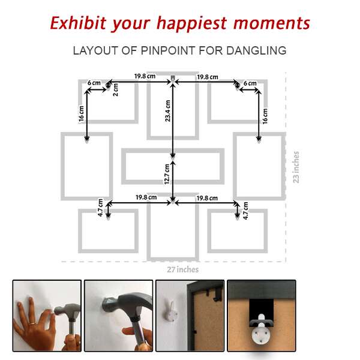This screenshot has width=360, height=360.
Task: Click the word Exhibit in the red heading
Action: click(78, 23)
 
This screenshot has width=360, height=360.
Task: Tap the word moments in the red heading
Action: click(272, 23)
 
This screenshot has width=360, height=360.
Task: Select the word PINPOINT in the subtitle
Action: click(168, 50)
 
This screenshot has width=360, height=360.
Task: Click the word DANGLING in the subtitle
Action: click(256, 50)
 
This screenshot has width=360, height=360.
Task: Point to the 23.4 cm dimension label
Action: click(168, 111)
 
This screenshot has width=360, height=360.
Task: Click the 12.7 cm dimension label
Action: click(167, 174)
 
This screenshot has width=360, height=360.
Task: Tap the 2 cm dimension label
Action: click(115, 90)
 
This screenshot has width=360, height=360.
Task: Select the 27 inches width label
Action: click(183, 269)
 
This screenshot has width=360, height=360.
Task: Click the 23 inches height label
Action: click(296, 167)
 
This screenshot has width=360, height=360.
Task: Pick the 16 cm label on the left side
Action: click(81, 113)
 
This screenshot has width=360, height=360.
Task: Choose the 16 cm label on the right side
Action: click(265, 116)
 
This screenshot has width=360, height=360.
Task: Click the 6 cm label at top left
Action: click(94, 83)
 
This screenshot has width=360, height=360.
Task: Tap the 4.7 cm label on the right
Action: click(245, 211)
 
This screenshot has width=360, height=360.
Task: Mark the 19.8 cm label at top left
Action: click(145, 76)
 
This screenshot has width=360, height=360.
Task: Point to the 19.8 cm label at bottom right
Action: click(207, 198)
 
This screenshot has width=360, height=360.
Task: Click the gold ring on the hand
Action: click(32, 323)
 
